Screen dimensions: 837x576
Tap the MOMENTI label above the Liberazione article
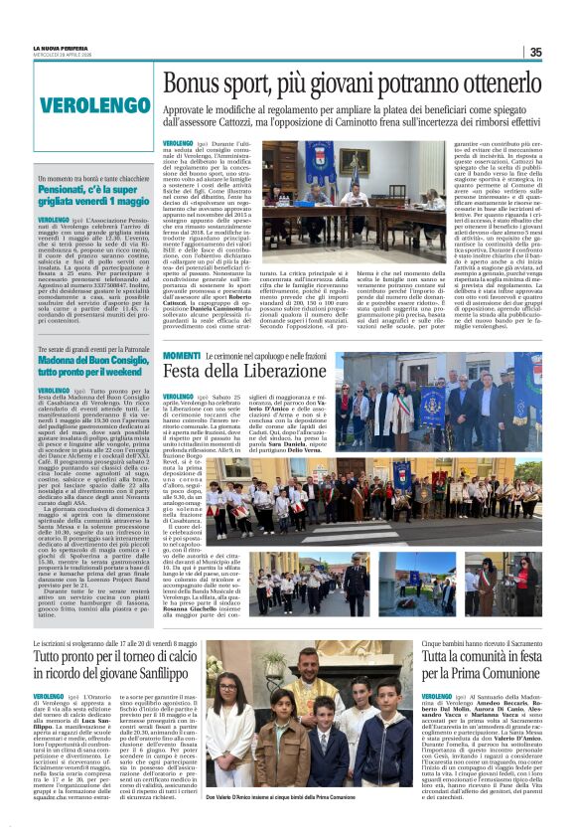[x=182, y=356]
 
